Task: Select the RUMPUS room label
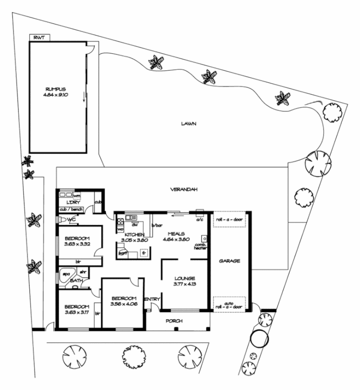(x=56, y=89)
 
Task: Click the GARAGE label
(x=229, y=261)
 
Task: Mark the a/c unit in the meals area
(x=199, y=213)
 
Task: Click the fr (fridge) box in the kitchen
(x=144, y=252)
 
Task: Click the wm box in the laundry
(x=77, y=195)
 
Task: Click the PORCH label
(x=173, y=321)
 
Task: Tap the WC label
(x=72, y=219)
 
